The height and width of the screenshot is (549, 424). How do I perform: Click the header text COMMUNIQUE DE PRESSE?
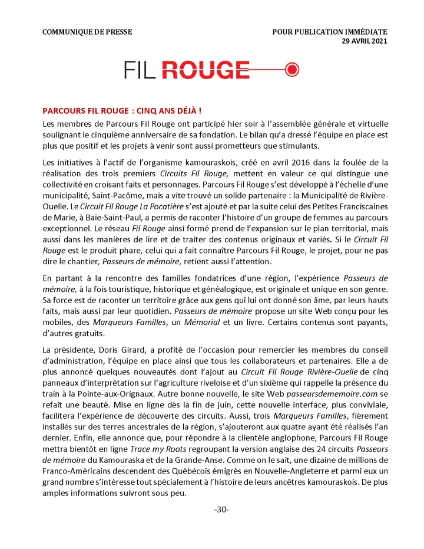pos(87,31)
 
